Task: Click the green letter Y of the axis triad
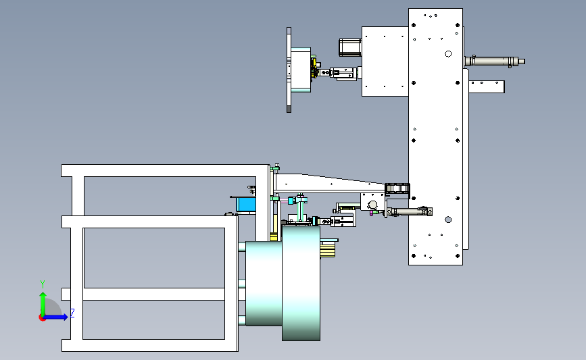coord(43,284)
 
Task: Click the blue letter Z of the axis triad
coord(72,313)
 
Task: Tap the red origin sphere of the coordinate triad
coord(42,318)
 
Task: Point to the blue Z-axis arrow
coord(55,317)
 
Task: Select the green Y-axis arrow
coord(43,305)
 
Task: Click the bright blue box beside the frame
coord(245,205)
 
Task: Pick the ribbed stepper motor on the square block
coord(350,47)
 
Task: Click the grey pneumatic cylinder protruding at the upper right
coord(494,61)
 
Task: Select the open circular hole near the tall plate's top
coord(448,54)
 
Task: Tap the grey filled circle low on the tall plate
coord(448,220)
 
